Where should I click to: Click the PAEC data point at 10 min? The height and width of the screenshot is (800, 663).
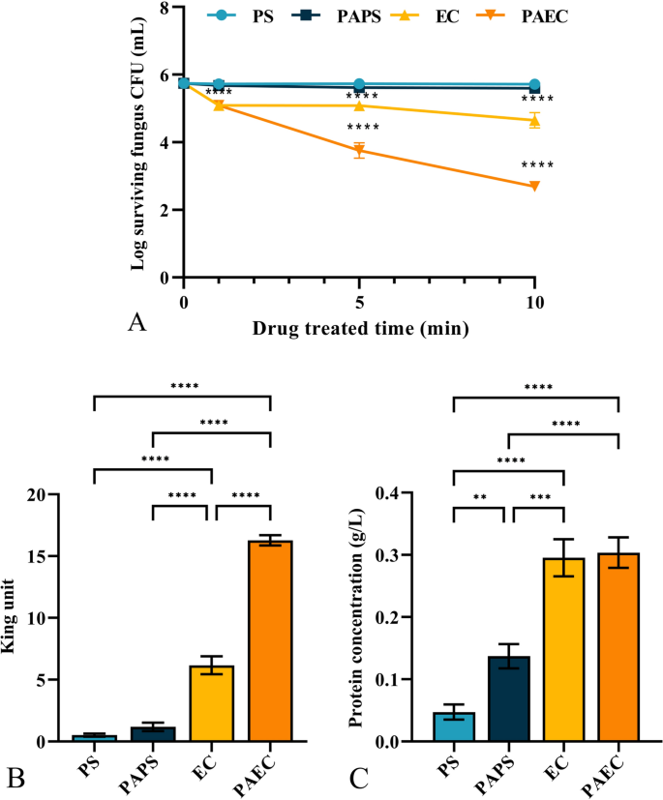[534, 186]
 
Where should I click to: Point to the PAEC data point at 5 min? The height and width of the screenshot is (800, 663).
[359, 150]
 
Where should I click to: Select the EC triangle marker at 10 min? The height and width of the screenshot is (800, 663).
[534, 120]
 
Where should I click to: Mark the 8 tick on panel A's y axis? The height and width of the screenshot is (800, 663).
[166, 9]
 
